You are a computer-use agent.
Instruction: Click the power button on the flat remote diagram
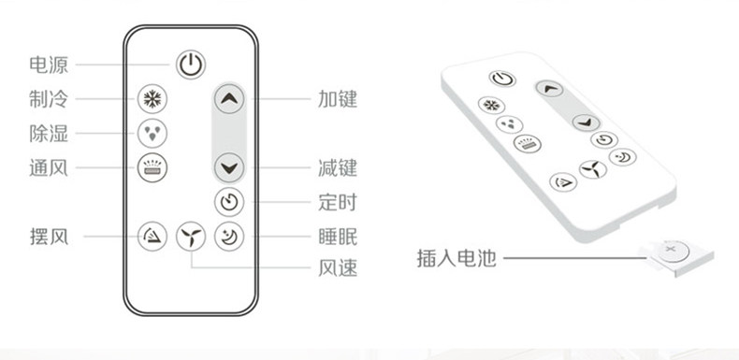click(191, 65)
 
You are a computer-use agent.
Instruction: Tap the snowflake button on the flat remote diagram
click(152, 99)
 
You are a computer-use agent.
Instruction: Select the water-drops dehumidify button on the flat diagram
click(152, 134)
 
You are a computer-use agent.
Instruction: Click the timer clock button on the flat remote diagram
click(229, 202)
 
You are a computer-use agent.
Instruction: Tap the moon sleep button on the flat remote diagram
click(229, 236)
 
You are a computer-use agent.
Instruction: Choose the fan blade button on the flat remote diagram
click(191, 236)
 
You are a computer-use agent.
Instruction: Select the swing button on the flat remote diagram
click(152, 236)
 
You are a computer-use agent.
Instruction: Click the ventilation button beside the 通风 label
click(152, 167)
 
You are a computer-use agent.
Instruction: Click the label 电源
click(49, 65)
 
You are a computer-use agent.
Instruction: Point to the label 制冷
click(49, 99)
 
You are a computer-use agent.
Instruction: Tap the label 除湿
click(49, 134)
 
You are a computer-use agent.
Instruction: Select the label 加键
click(338, 99)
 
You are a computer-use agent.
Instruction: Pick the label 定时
click(338, 203)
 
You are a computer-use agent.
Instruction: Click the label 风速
click(338, 268)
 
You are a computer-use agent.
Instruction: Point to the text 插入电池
click(456, 258)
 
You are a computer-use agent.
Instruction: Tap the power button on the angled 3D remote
click(502, 79)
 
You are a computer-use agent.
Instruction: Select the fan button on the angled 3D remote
click(593, 169)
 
